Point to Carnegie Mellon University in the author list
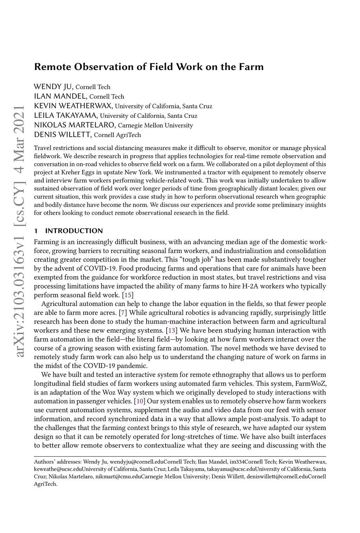click(x=155, y=125)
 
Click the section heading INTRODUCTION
click(x=74, y=231)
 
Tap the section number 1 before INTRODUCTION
click(x=36, y=231)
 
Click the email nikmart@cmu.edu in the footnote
click(x=114, y=477)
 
